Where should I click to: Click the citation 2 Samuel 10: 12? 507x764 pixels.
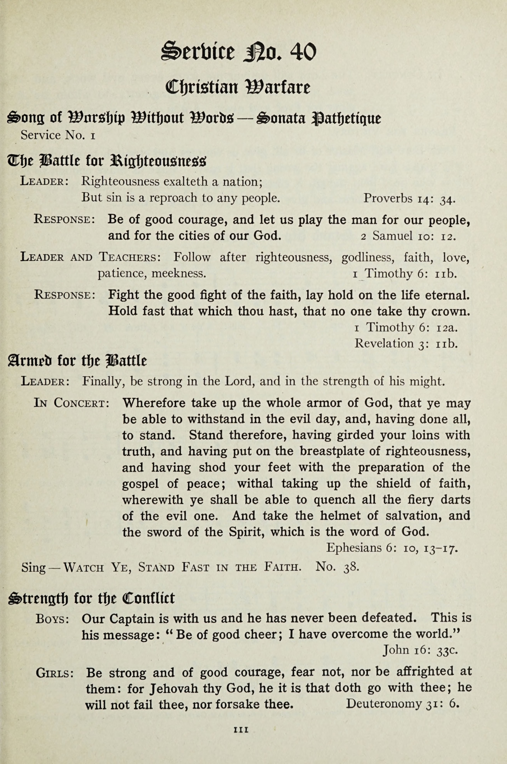pos(408,236)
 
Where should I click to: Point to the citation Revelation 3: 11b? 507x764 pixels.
pos(406,343)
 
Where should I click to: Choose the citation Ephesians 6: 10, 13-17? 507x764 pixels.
pos(392,548)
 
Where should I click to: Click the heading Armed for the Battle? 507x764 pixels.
pos(77,361)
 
